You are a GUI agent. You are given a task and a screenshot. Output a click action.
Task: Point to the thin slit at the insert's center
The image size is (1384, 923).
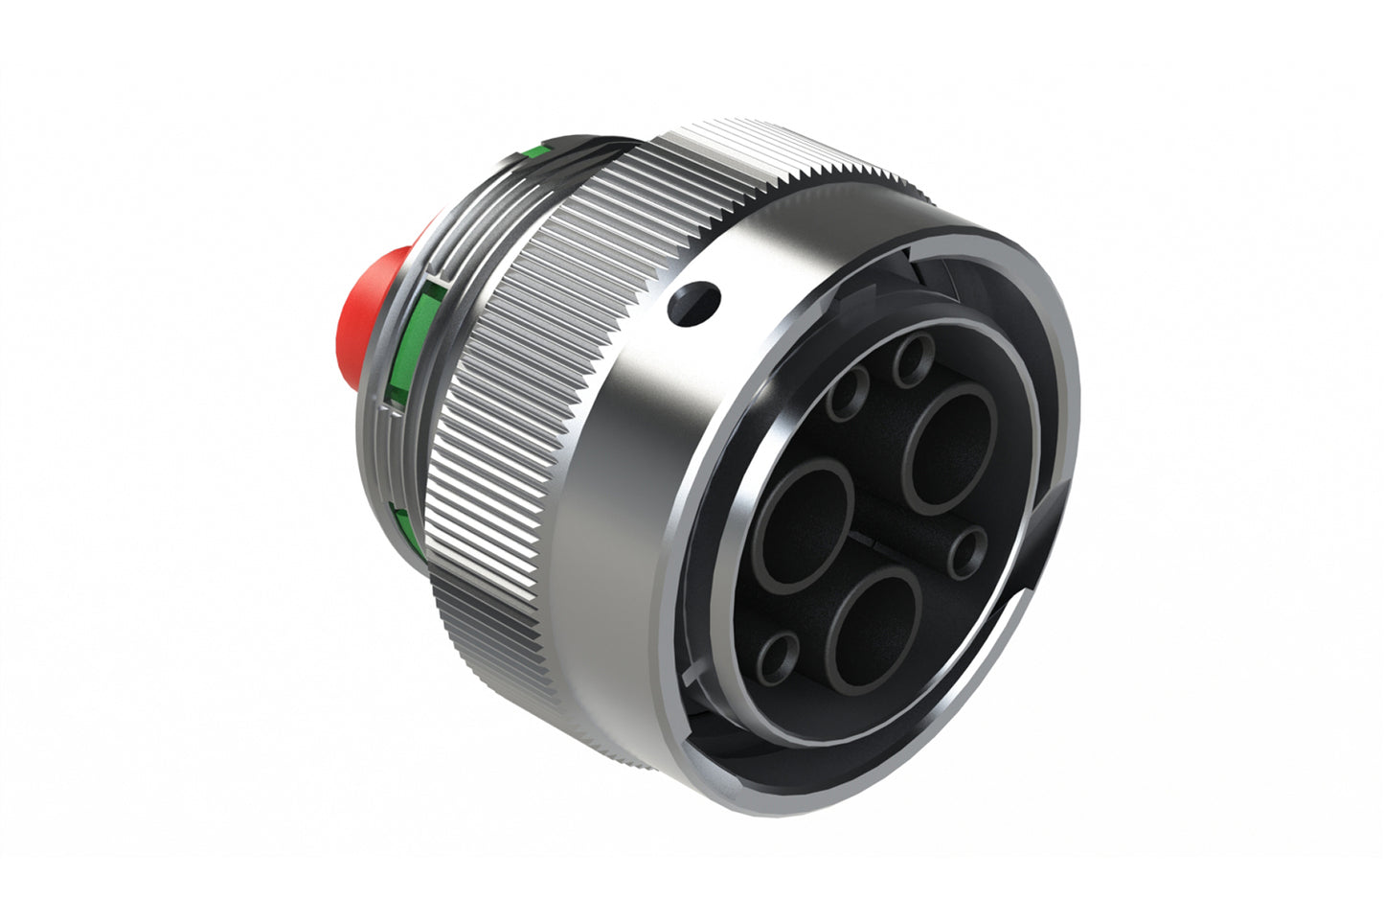[870, 544]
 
